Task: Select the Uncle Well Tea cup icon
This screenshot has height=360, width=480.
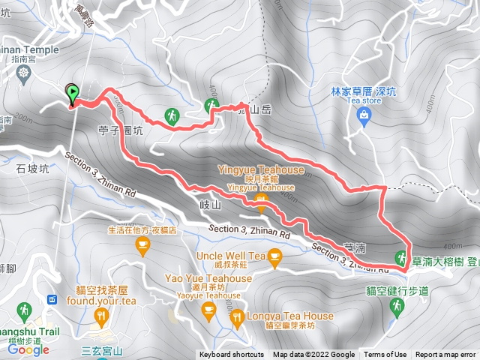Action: pos(275,259)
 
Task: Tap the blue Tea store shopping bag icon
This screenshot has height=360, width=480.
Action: pos(364,115)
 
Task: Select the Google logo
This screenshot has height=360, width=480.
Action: pos(28,349)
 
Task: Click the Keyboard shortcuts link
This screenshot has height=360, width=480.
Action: pos(232,355)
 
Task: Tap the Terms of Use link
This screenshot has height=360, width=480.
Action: pos(385,355)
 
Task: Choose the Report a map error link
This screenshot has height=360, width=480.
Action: pos(445,355)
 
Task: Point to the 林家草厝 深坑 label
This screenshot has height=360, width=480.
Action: pos(357,91)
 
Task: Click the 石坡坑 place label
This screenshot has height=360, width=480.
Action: pos(32,169)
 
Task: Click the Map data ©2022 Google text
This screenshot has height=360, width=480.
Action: pos(313,355)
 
